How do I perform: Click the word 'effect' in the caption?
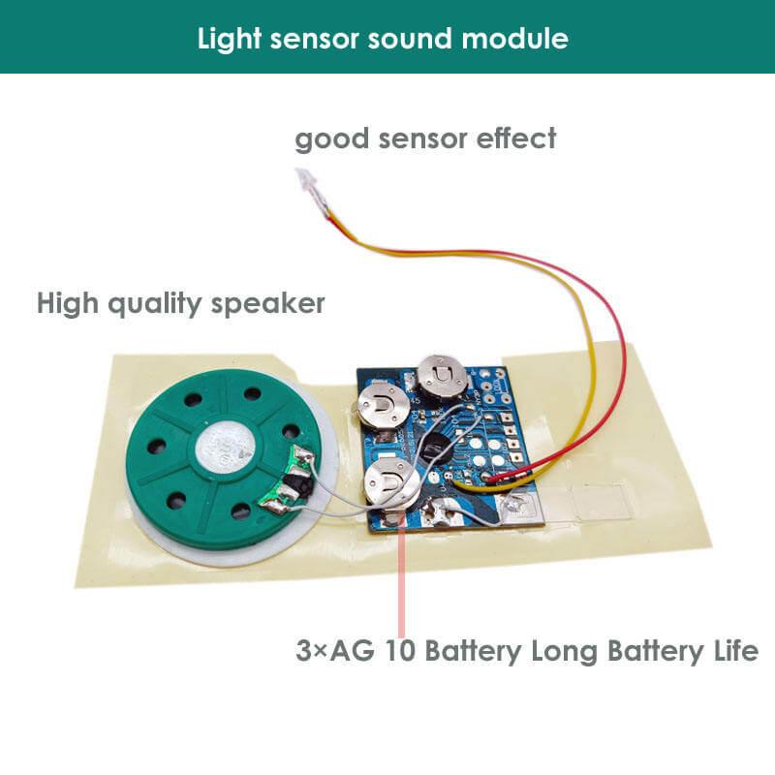pyautogui.click(x=516, y=139)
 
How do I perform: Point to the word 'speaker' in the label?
pyautogui.click(x=273, y=303)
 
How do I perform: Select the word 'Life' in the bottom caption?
pyautogui.click(x=731, y=649)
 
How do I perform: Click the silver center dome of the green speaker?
pyautogui.click(x=226, y=448)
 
